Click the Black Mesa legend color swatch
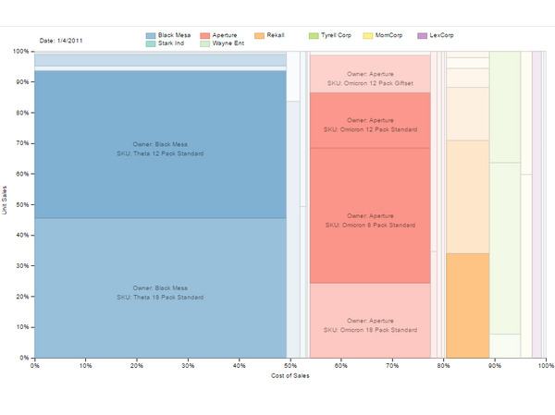[x=151, y=34]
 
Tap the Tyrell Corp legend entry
[x=330, y=34]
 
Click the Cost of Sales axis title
[x=290, y=375]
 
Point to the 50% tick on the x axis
[x=290, y=365]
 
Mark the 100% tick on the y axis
[x=19, y=52]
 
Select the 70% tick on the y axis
[x=21, y=143]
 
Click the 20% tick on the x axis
[x=136, y=365]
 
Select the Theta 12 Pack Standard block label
[x=160, y=149]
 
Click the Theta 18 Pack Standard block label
[x=160, y=293]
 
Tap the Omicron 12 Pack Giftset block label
[x=369, y=79]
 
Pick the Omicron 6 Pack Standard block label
[x=369, y=220]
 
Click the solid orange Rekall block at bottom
[x=467, y=305]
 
